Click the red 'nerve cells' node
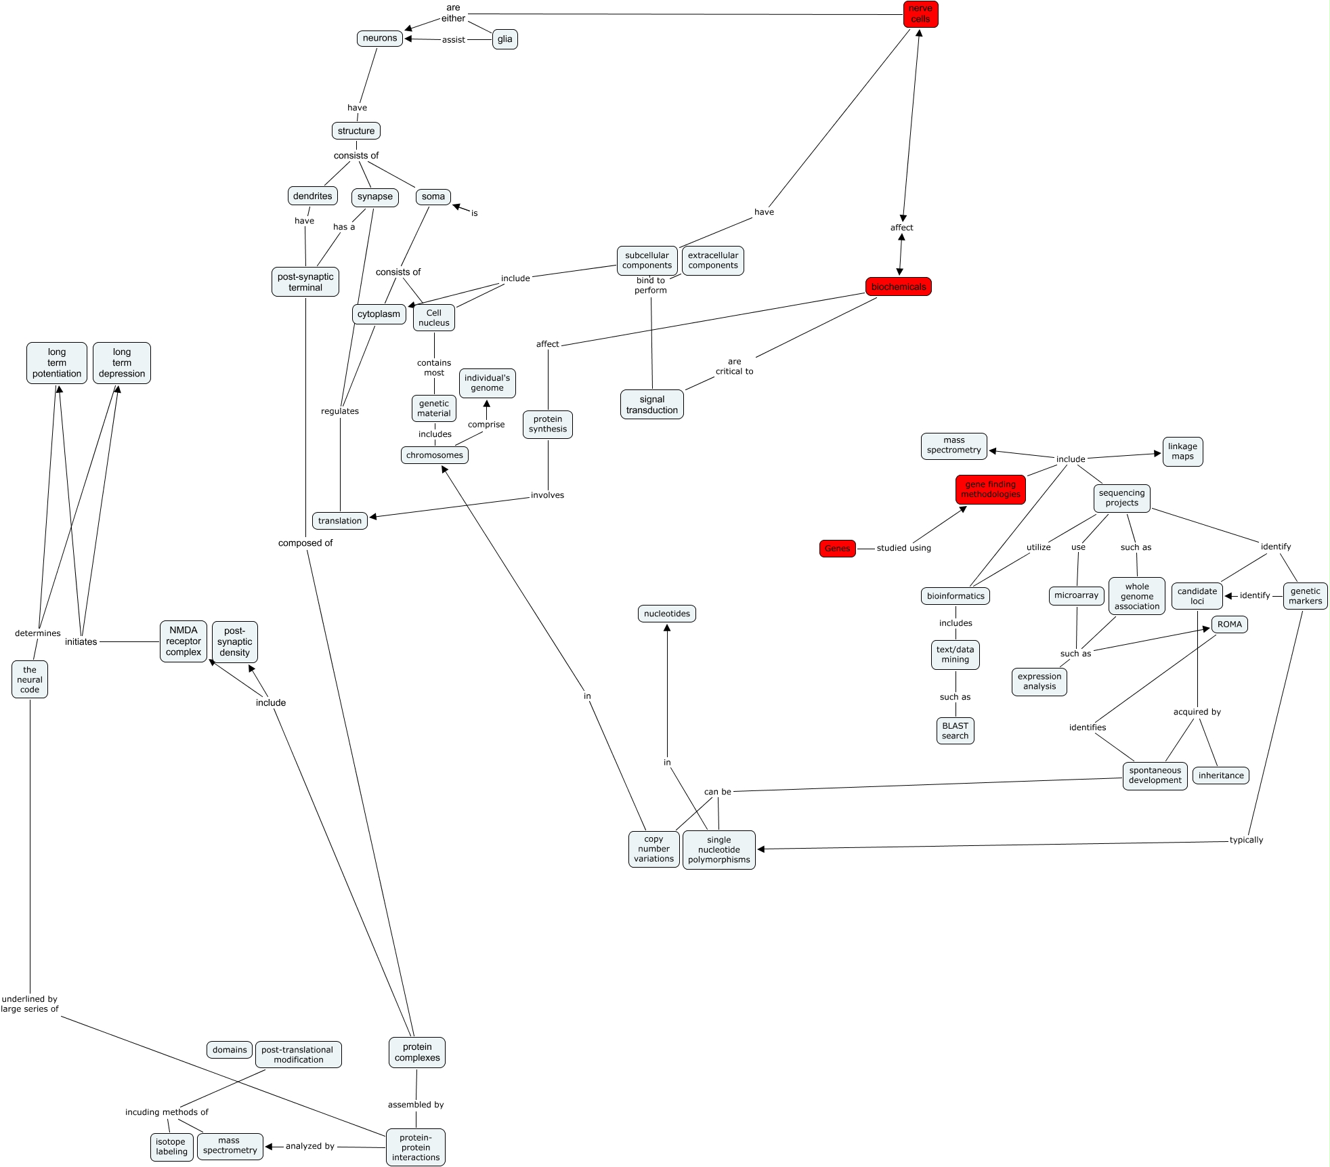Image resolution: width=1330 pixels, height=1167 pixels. (920, 14)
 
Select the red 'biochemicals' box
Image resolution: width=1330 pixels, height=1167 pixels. (898, 287)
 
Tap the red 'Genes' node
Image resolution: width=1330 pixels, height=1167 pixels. (837, 549)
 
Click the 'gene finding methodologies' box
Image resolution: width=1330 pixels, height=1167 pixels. (990, 489)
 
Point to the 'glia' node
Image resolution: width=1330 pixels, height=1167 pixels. (505, 39)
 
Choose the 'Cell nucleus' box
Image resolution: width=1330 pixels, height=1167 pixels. (433, 318)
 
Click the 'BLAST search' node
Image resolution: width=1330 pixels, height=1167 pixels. (955, 731)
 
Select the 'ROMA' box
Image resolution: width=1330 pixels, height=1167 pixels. (1229, 624)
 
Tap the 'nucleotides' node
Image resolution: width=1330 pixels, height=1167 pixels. (666, 614)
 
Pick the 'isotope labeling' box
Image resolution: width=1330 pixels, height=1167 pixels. (171, 1147)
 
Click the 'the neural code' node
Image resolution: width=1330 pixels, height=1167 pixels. (30, 679)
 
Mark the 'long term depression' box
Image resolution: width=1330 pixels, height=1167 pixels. (122, 363)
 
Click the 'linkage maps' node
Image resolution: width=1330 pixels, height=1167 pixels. (1182, 451)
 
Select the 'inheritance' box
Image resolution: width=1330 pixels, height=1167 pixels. (1220, 776)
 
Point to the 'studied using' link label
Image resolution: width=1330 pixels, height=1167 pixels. (903, 548)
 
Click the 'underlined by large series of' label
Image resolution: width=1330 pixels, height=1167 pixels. (30, 1004)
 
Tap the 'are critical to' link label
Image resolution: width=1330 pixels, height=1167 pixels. (734, 366)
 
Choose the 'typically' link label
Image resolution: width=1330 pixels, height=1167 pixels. (1246, 840)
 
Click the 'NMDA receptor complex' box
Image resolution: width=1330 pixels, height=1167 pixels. (184, 641)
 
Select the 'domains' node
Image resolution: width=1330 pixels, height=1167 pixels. (230, 1050)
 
